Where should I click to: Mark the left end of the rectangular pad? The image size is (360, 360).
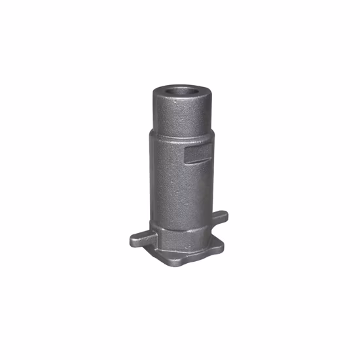[187, 155]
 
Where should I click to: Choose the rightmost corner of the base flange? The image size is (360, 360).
[222, 243]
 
